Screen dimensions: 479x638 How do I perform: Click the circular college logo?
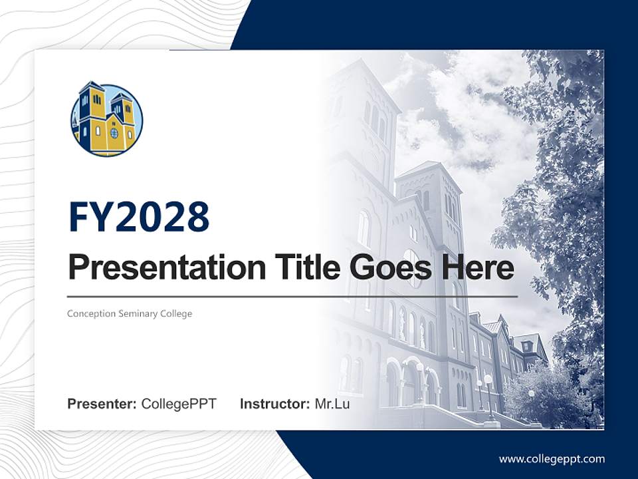click(106, 120)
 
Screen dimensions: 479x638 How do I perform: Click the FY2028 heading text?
click(139, 216)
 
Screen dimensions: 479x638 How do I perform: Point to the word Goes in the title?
click(387, 267)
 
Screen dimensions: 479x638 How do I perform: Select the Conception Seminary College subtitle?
click(130, 313)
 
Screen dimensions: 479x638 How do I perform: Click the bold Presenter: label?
click(102, 404)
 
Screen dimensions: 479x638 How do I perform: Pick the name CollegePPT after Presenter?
click(179, 404)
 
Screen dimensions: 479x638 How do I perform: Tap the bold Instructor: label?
click(274, 404)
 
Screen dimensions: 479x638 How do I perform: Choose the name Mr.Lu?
click(332, 404)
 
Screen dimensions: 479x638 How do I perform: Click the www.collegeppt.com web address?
click(552, 459)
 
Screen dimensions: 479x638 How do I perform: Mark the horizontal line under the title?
click(292, 296)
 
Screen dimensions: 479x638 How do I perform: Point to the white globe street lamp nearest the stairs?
click(488, 380)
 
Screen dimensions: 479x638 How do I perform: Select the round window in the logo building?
click(114, 132)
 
